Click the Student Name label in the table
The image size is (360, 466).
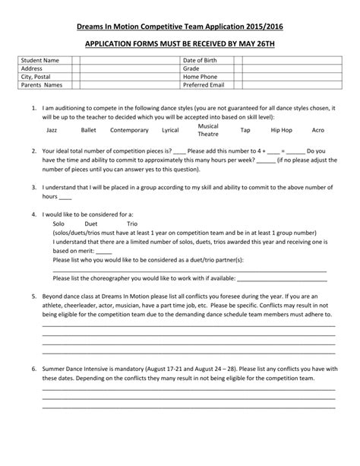point(41,60)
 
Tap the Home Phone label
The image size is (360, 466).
point(201,77)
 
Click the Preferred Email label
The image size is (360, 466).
point(205,85)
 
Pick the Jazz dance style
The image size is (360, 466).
point(52,131)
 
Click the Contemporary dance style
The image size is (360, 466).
point(129,131)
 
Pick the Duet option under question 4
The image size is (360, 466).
point(91,225)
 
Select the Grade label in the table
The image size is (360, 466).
point(191,68)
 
